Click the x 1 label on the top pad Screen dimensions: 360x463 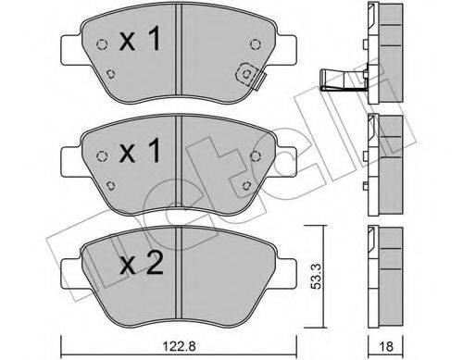(x=141, y=42)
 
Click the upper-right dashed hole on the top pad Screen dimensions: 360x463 (x=257, y=43)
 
